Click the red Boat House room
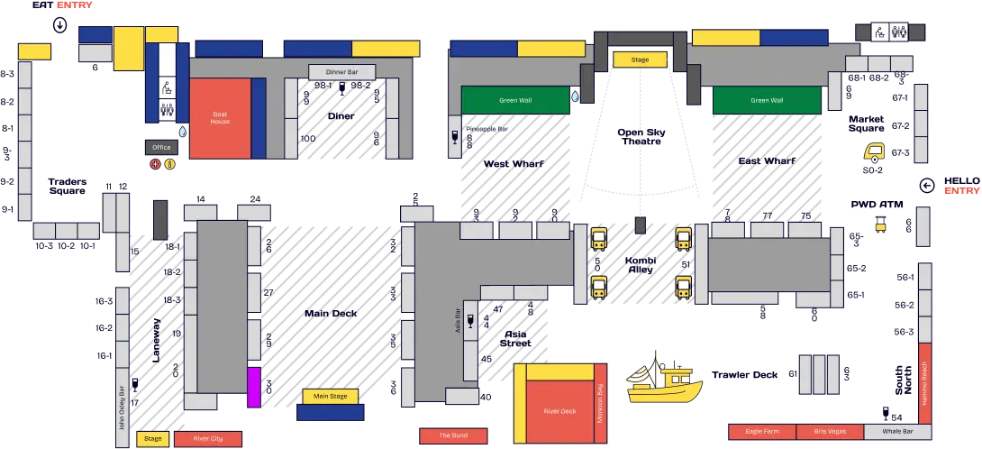point(220,118)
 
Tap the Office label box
point(161,147)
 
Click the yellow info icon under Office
point(168,164)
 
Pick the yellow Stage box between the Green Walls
point(640,60)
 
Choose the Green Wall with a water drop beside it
point(515,100)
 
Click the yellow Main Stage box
point(330,396)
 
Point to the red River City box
point(207,439)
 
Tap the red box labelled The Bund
point(453,435)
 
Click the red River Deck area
point(559,411)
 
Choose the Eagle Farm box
point(762,432)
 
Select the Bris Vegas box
point(830,432)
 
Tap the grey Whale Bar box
point(898,432)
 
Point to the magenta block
point(254,385)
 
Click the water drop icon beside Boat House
point(184,131)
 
